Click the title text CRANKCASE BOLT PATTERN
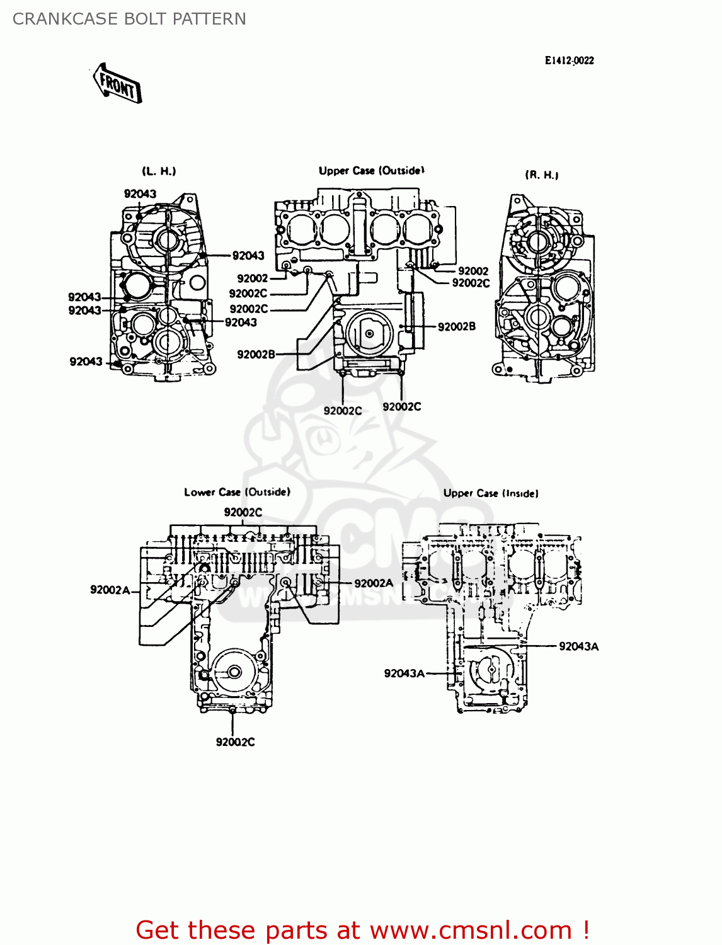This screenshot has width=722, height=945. point(129,19)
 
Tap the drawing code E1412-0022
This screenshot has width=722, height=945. point(569,60)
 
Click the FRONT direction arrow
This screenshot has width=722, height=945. point(118,83)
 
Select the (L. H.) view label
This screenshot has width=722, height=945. point(159,171)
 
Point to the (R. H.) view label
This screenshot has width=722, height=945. point(542,175)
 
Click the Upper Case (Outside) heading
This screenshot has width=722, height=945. point(371,170)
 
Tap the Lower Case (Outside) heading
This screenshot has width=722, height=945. point(237,492)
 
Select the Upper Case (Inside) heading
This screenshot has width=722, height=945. point(491,493)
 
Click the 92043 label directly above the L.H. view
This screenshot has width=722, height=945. point(140,193)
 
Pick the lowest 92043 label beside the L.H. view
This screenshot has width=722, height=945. point(86,361)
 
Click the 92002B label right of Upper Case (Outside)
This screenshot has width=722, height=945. point(457,326)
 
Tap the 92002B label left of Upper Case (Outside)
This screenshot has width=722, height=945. point(256,354)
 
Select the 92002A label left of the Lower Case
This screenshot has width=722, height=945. point(110,590)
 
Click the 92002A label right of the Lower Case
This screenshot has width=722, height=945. point(374,583)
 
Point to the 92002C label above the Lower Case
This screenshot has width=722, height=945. point(243,512)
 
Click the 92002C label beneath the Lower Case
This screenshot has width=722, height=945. point(235,742)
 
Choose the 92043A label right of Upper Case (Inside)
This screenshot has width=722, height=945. point(578,646)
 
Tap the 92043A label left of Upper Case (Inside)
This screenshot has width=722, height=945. point(404,673)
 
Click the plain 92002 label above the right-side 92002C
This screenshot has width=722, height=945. point(473,271)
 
